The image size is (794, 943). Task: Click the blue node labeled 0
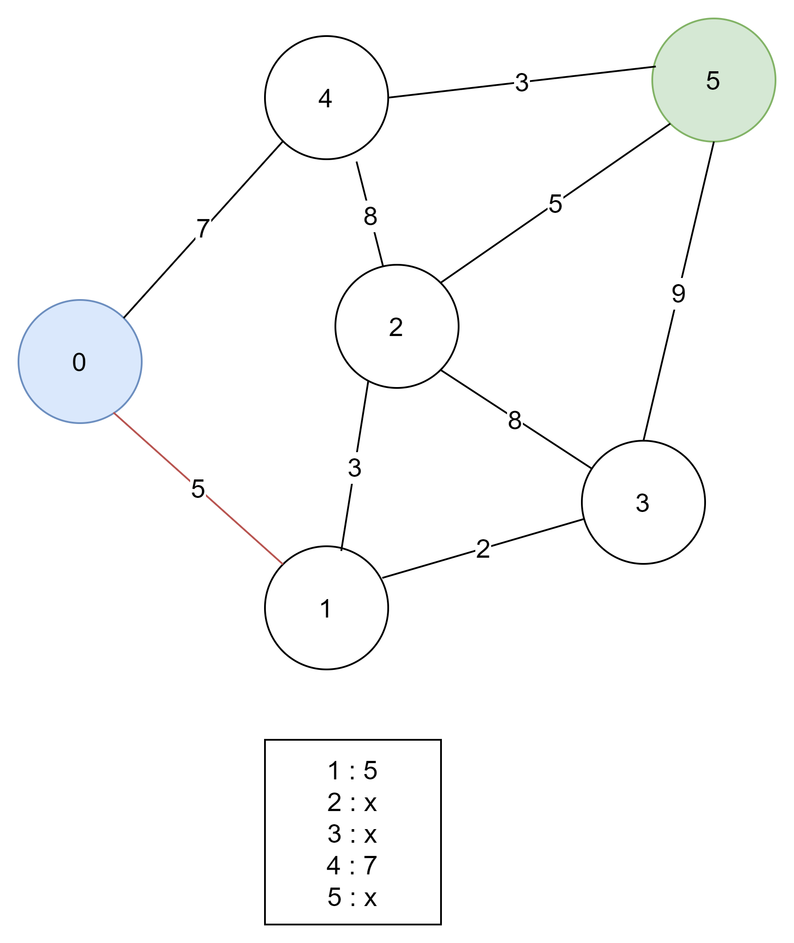80,361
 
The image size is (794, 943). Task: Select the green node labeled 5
713,80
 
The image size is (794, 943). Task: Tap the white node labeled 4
326,98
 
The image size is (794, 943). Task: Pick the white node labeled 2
397,326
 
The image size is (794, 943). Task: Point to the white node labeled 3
643,502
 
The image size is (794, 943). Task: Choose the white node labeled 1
326,607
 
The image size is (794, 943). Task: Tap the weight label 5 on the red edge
198,488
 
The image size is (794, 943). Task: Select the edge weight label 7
203,228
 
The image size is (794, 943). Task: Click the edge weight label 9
678,293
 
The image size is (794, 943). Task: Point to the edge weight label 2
483,548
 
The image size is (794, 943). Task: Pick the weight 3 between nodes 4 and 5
522,82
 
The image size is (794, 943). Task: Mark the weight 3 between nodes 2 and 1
355,468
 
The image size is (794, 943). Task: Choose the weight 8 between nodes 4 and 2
371,216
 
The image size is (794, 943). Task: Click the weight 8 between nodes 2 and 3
515,420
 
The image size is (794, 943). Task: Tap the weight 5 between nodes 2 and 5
555,204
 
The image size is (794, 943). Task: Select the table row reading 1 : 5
352,770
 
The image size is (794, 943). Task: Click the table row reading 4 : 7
352,866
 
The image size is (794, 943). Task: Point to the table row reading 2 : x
352,802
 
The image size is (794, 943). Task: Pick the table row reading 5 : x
352,897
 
